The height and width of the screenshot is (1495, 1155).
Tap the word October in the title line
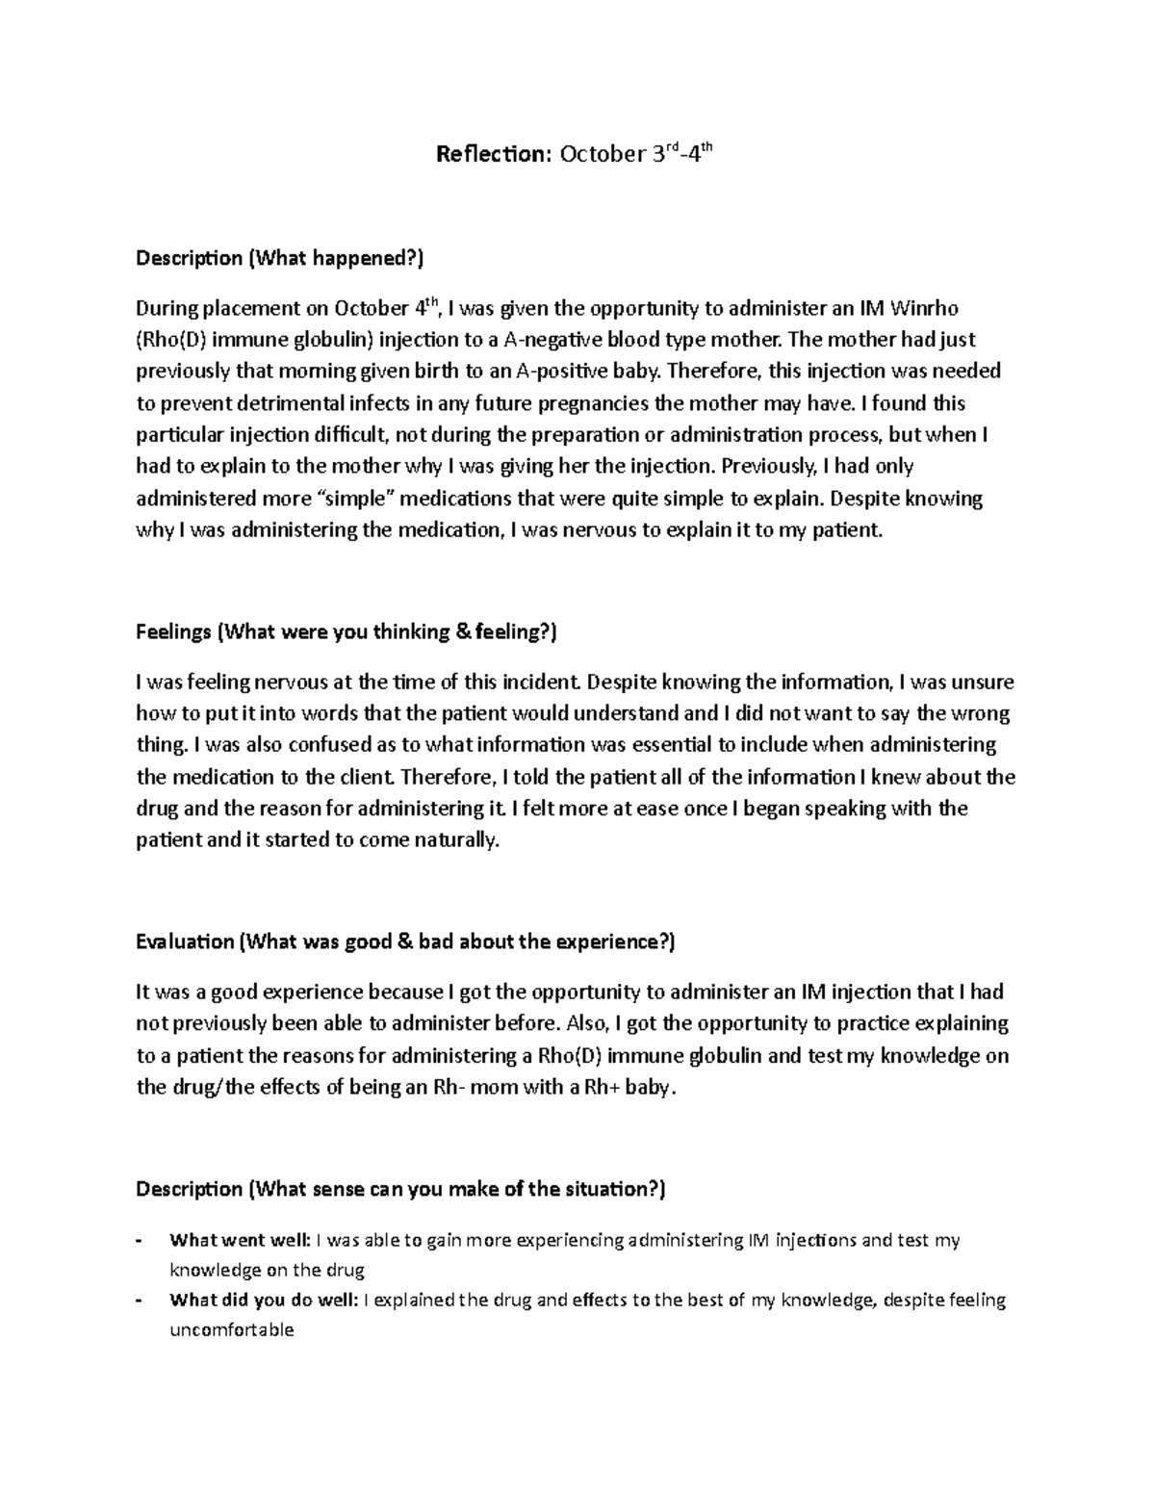click(599, 155)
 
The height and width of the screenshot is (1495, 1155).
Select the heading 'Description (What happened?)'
click(279, 258)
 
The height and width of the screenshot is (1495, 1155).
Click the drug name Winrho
click(925, 308)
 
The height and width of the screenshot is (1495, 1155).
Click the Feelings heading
click(346, 632)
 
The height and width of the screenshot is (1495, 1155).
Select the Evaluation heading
click(405, 941)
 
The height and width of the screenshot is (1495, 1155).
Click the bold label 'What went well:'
click(240, 1240)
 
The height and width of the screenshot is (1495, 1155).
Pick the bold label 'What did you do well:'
click(264, 1301)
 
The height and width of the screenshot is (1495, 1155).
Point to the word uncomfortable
click(231, 1330)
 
